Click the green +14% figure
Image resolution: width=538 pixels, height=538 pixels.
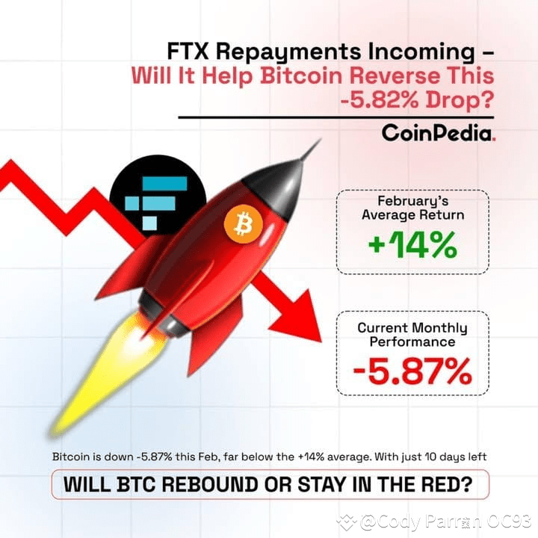412,245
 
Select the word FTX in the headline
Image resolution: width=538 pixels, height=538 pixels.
191,52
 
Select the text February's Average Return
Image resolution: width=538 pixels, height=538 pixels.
412,208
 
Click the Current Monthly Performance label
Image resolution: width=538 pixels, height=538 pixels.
412,334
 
